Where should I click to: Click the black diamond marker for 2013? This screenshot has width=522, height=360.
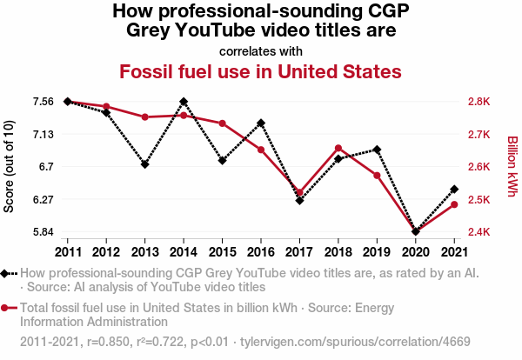[144, 164]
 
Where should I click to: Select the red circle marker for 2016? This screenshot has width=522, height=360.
[260, 150]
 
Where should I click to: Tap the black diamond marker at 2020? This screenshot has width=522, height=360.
[415, 231]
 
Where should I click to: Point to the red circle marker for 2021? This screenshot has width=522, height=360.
[454, 204]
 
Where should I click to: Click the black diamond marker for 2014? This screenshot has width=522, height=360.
[184, 102]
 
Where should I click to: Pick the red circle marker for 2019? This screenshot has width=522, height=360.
[377, 176]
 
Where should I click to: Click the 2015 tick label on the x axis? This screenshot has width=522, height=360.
[222, 252]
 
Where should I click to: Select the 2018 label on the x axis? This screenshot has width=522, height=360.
[338, 252]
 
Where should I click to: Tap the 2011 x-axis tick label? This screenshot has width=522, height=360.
[68, 252]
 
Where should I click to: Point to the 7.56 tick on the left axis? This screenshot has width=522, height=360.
[43, 102]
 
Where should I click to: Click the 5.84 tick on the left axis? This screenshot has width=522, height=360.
[43, 232]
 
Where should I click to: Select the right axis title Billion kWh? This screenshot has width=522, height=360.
[512, 167]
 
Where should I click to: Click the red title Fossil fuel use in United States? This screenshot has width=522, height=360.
[260, 70]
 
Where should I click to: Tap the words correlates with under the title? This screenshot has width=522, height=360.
[260, 50]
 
